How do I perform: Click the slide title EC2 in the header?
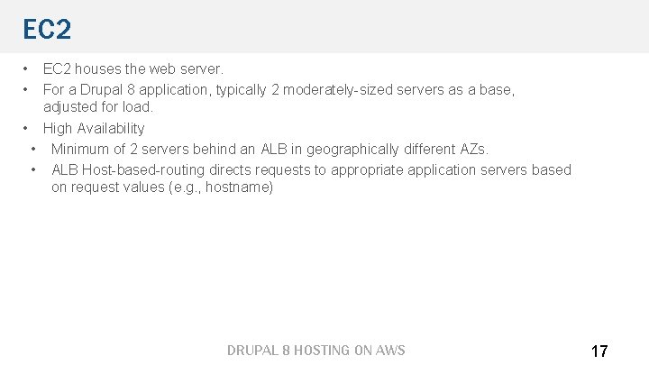(x=47, y=30)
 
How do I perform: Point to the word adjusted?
(x=72, y=107)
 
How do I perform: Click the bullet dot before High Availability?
(x=27, y=128)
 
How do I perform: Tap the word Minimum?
(x=82, y=149)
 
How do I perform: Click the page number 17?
(x=599, y=351)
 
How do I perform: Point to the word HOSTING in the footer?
(x=312, y=351)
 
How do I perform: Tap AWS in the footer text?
(x=390, y=351)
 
